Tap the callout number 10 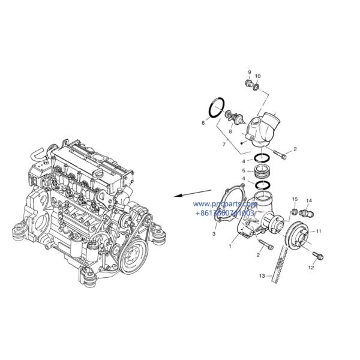pos(258,77)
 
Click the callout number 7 pos(224,145)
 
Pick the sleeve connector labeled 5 pos(263,171)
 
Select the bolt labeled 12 pos(317,256)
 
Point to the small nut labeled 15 pos(294,211)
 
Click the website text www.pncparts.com pos(226,205)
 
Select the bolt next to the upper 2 pos(283,155)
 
